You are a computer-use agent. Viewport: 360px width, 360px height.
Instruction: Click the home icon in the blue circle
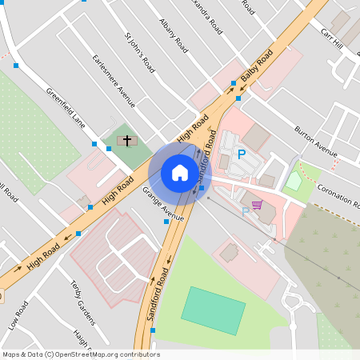(180, 173)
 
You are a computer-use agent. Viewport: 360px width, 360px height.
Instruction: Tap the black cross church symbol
(126, 142)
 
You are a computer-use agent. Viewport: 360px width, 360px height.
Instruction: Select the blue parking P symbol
(241, 154)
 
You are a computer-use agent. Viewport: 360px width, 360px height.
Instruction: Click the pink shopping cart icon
(257, 205)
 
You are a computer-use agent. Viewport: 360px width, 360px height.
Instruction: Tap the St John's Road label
(140, 53)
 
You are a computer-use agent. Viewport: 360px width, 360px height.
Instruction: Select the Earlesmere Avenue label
(114, 81)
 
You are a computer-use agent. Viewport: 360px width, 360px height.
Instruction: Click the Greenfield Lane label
(66, 108)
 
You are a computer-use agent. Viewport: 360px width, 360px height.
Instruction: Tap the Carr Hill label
(331, 37)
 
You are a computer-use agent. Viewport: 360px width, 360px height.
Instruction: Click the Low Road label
(18, 314)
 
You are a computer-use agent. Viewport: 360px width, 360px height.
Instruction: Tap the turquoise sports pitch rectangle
(213, 310)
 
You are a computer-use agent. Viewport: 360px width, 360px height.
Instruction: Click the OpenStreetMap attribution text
(82, 354)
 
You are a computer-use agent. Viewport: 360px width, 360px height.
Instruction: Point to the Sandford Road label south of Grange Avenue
(158, 294)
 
